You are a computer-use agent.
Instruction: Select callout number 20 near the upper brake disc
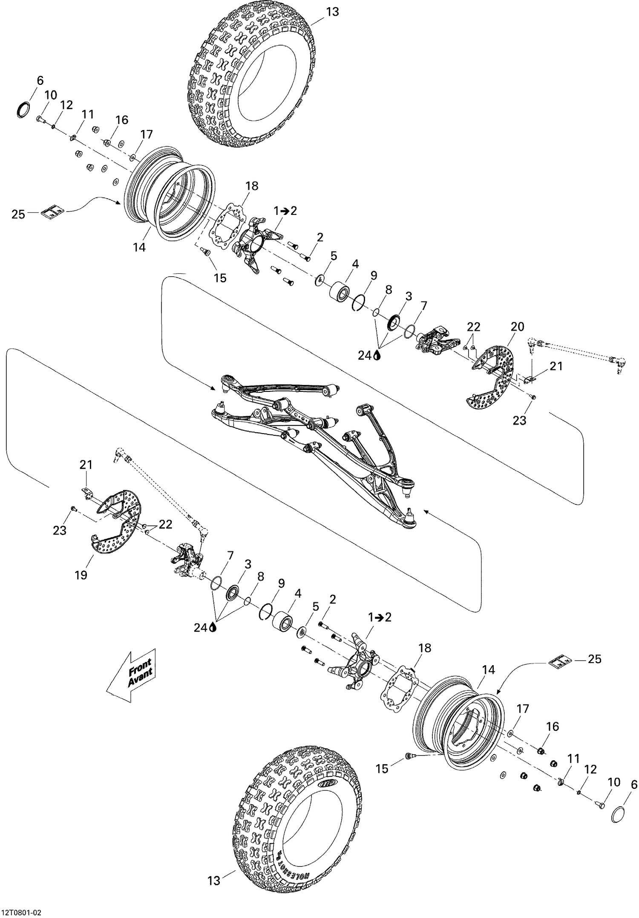[x=517, y=327]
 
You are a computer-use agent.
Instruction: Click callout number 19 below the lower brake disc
[x=81, y=575]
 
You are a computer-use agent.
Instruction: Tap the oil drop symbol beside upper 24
[x=377, y=355]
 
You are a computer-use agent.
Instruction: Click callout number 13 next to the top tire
[x=332, y=12]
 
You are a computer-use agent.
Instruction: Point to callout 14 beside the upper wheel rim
[x=139, y=247]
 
